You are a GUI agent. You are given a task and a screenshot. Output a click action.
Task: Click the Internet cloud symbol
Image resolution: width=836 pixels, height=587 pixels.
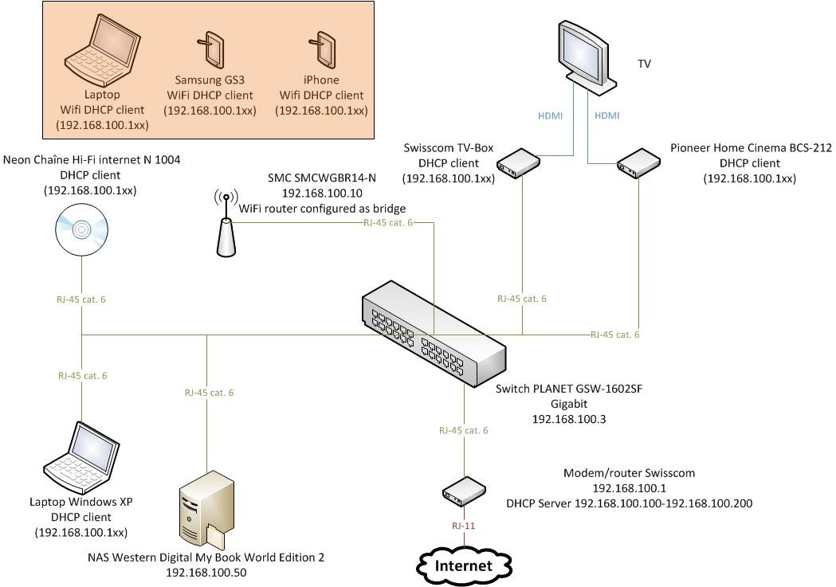pos(463,565)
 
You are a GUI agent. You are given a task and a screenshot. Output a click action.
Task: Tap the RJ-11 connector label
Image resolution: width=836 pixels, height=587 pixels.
pos(463,526)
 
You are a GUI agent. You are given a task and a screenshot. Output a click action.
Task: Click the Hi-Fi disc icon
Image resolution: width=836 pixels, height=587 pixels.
pos(82,230)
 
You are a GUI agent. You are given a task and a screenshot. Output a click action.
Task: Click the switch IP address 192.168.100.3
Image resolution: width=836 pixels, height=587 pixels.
pos(568,417)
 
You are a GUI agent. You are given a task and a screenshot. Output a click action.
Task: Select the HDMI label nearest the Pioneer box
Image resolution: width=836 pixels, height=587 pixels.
pos(607,115)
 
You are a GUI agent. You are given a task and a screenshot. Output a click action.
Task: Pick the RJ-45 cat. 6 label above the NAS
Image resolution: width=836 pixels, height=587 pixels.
pos(209,393)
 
